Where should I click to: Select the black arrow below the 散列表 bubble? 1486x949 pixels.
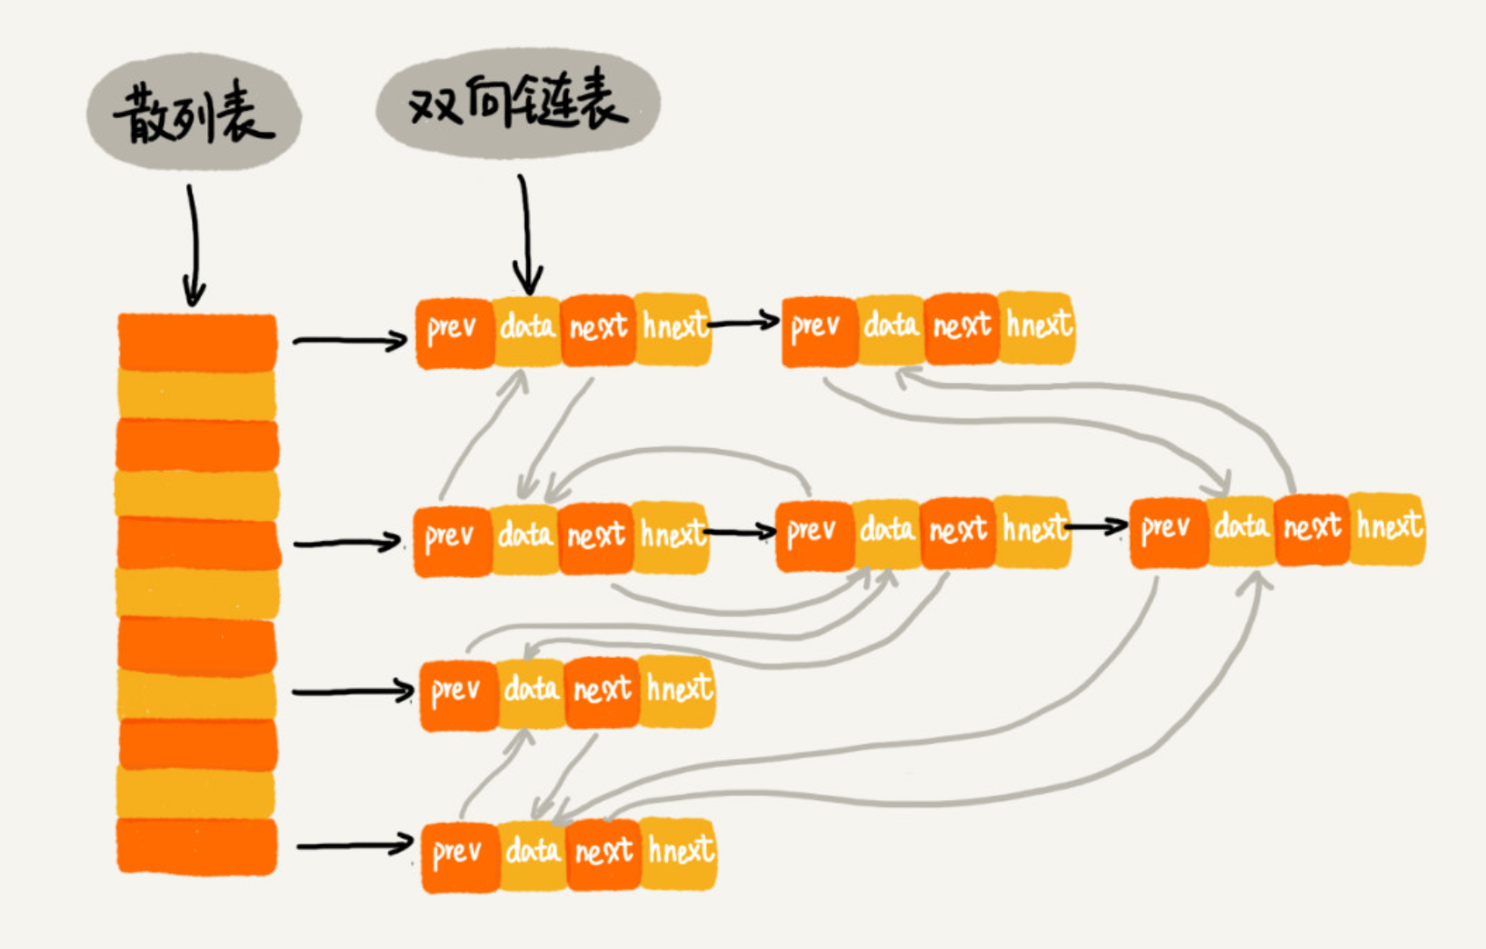tap(193, 245)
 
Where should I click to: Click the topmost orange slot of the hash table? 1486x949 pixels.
tap(197, 341)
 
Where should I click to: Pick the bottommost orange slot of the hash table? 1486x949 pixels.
tap(197, 845)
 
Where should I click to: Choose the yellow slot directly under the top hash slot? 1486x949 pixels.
tap(197, 395)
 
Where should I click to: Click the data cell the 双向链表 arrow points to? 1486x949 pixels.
tap(527, 329)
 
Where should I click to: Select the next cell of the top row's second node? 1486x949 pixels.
tap(962, 327)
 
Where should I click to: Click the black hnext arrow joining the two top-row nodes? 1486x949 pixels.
tap(744, 321)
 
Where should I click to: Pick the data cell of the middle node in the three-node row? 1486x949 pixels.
tap(887, 533)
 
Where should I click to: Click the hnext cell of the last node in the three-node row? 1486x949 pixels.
tap(1387, 528)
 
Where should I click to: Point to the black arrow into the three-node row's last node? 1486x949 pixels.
tap(1098, 526)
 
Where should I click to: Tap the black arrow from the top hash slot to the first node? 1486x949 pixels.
tap(350, 341)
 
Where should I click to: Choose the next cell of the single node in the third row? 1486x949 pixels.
tap(602, 692)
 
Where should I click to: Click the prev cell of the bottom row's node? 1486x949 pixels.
tap(459, 854)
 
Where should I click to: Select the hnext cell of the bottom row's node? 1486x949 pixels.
tap(680, 853)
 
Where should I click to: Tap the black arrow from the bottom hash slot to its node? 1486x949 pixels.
tap(354, 845)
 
